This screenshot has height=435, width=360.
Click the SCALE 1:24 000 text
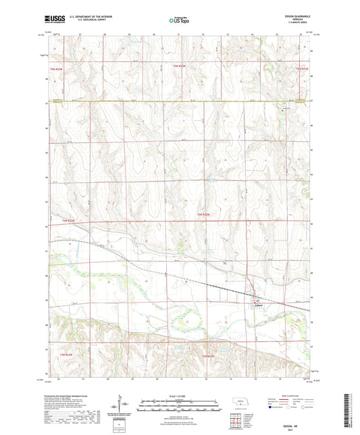point(179,395)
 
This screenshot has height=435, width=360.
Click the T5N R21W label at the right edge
point(301,68)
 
